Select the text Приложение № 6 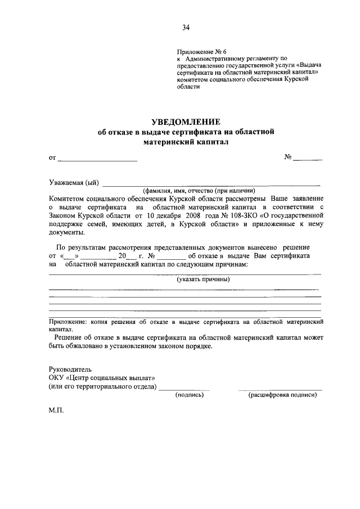(x=201, y=51)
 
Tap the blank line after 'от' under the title (x=97, y=161)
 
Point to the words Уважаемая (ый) (x=73, y=182)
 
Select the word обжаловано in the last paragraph (x=78, y=346)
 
